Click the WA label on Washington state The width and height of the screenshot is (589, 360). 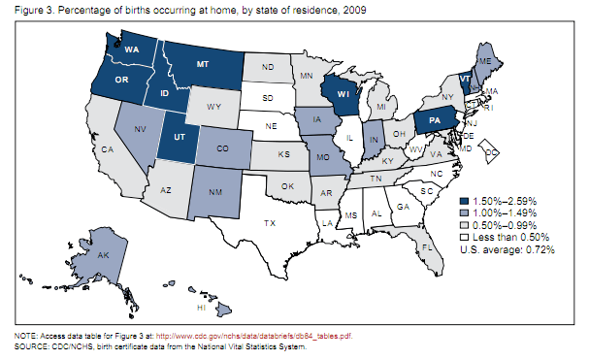(x=130, y=49)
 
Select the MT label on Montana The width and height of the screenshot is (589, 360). (x=204, y=65)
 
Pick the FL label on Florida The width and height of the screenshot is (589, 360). (x=426, y=247)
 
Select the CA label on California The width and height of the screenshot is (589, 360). (x=109, y=149)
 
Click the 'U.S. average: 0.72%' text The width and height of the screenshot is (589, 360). (x=506, y=248)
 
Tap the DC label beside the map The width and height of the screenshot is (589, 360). (x=492, y=153)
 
